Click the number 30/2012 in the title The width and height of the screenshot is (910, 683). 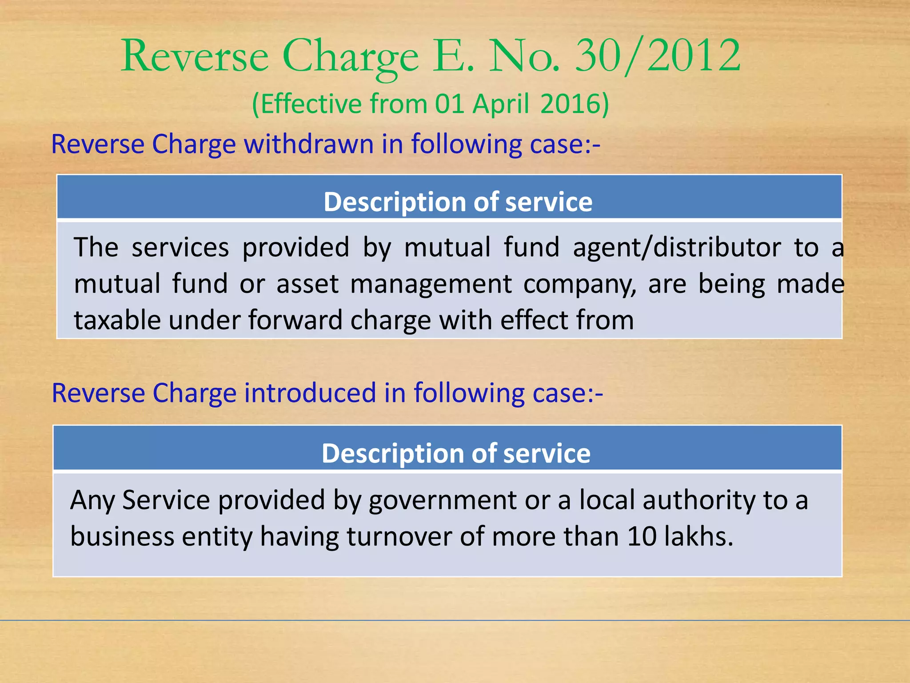(x=658, y=56)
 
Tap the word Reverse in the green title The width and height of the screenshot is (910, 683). (x=195, y=56)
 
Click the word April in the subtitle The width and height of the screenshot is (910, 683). (x=501, y=105)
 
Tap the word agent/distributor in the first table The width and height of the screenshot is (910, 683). (x=677, y=247)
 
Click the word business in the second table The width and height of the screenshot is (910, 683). (x=122, y=536)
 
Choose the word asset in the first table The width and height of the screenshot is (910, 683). (x=307, y=285)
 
